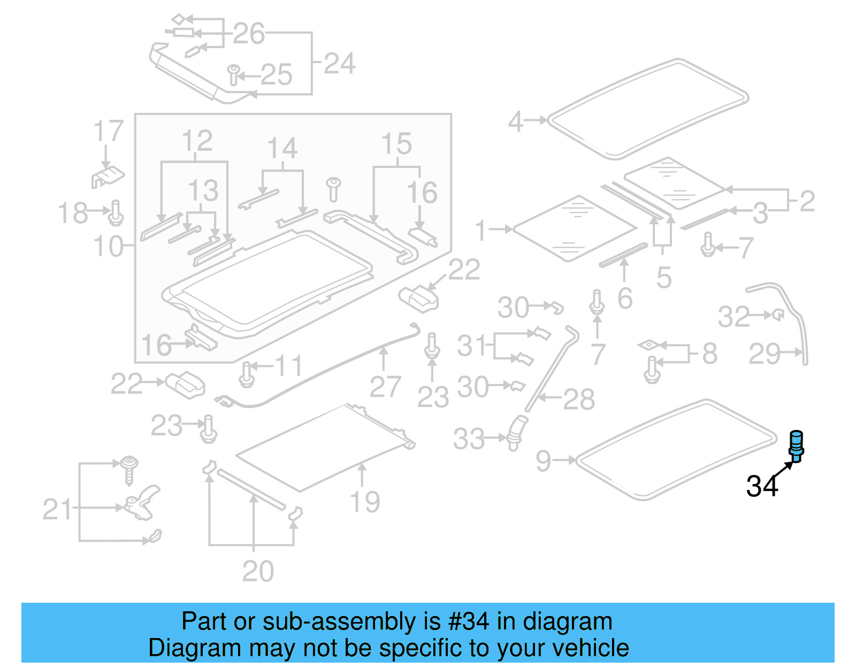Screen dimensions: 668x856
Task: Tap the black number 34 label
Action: (762, 487)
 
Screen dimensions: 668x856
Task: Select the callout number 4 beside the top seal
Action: (515, 121)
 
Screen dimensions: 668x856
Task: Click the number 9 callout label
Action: (543, 460)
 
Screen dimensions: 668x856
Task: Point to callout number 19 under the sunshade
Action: (365, 502)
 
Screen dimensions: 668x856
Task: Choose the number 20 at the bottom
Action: (258, 572)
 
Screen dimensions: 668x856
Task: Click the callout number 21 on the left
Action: (57, 509)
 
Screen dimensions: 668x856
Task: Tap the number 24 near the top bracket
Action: (339, 64)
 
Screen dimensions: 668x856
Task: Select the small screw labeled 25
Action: (233, 75)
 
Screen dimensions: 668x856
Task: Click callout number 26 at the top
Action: (249, 34)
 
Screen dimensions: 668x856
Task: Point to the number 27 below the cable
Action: (385, 387)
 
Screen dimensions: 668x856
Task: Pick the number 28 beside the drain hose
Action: (579, 399)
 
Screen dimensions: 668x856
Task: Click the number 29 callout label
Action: (765, 354)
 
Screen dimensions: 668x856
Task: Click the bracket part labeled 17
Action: (108, 177)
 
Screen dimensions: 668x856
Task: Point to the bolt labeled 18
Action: (116, 213)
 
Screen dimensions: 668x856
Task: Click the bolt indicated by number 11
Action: (247, 374)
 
